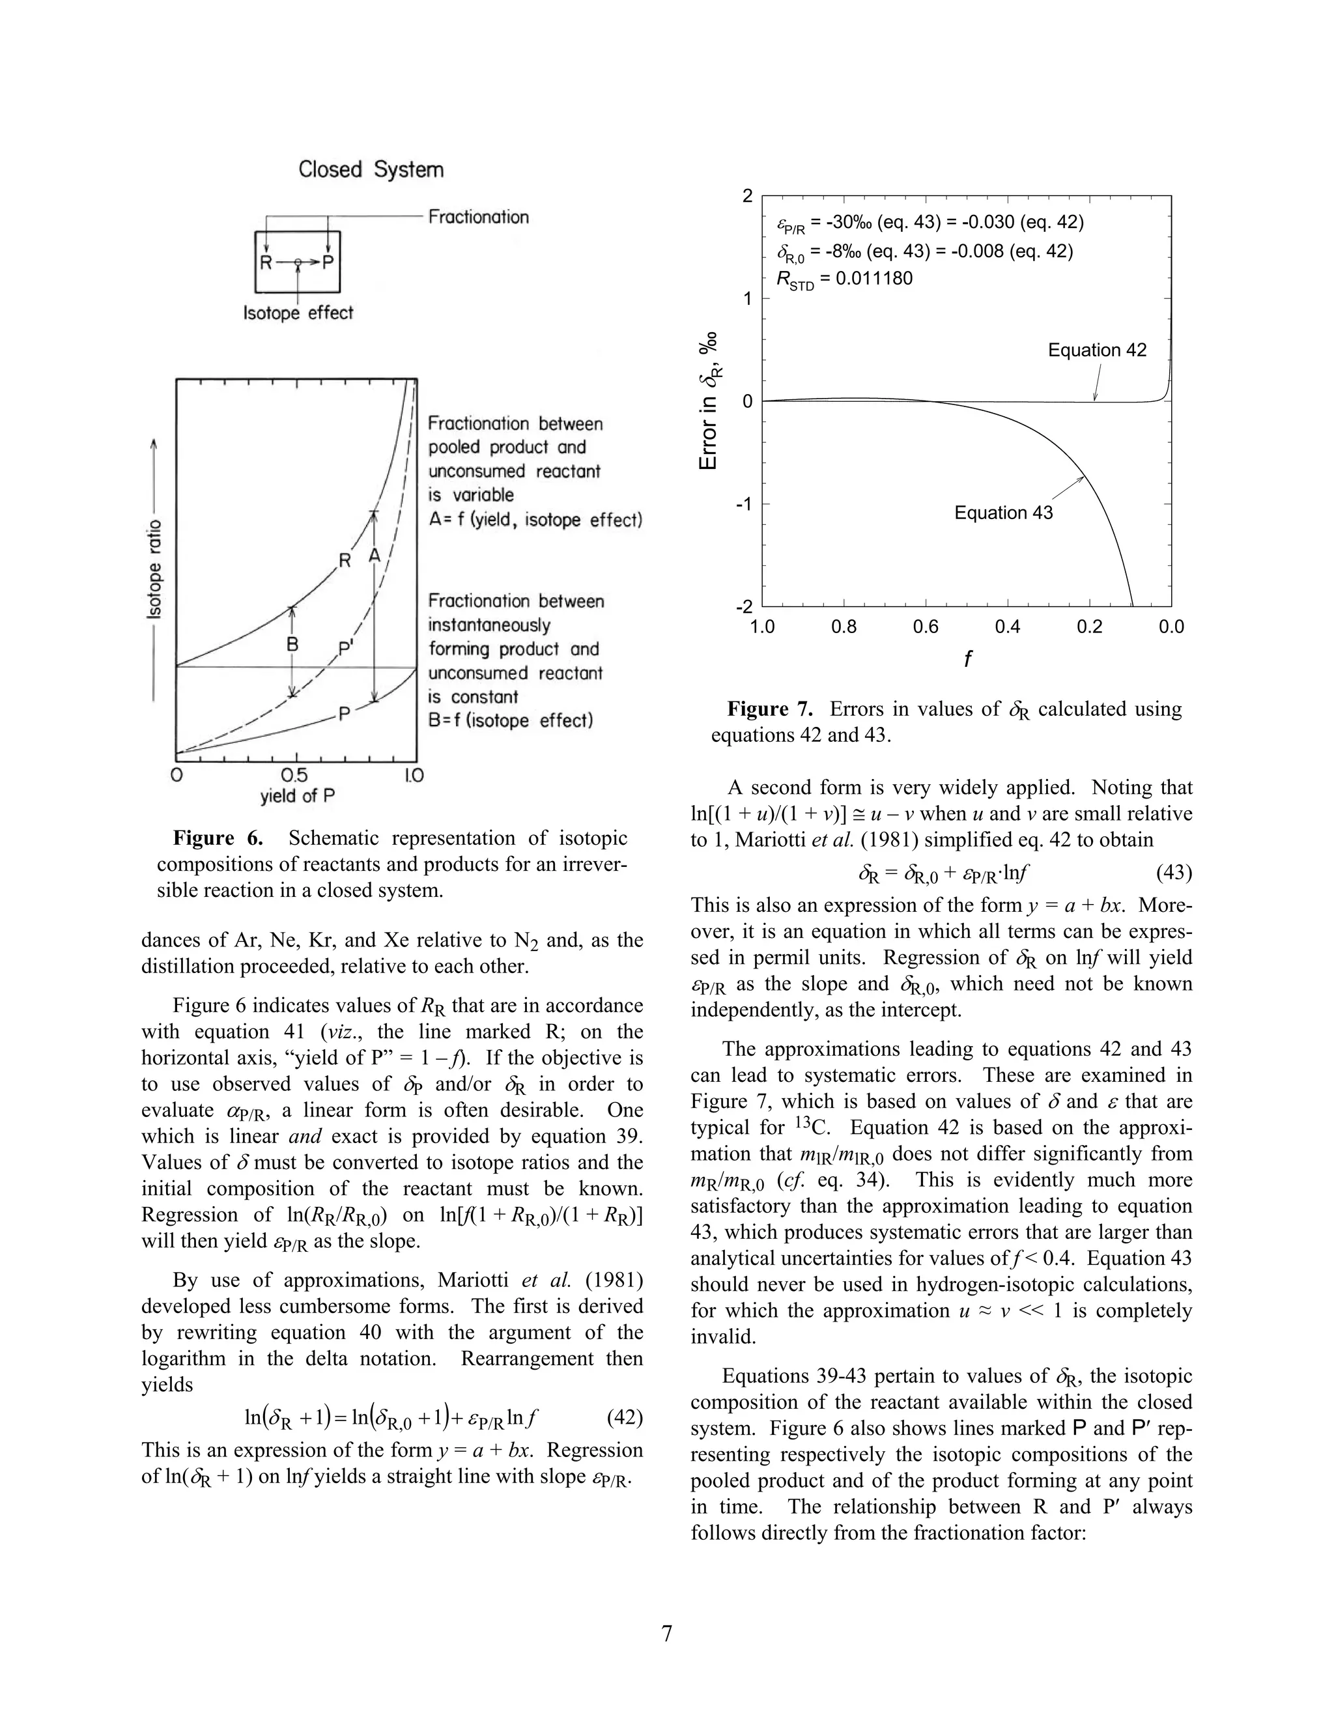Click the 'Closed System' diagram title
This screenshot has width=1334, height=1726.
(x=371, y=170)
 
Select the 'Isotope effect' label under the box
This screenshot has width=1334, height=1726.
(x=298, y=313)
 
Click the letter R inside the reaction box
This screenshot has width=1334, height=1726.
(x=266, y=264)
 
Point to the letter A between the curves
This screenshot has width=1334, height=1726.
(x=375, y=556)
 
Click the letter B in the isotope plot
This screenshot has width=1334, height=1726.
(x=292, y=644)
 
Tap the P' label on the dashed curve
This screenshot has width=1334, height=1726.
(x=346, y=649)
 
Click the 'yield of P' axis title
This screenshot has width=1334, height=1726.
(x=298, y=796)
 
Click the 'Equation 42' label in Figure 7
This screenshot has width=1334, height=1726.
(x=1097, y=350)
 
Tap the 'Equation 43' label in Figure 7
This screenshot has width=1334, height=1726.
(x=1003, y=513)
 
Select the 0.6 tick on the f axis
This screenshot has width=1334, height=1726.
(x=926, y=627)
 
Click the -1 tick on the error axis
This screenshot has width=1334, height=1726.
(x=745, y=504)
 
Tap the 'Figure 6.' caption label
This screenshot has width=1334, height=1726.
(x=218, y=838)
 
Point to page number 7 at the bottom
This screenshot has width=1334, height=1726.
(x=667, y=1634)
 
